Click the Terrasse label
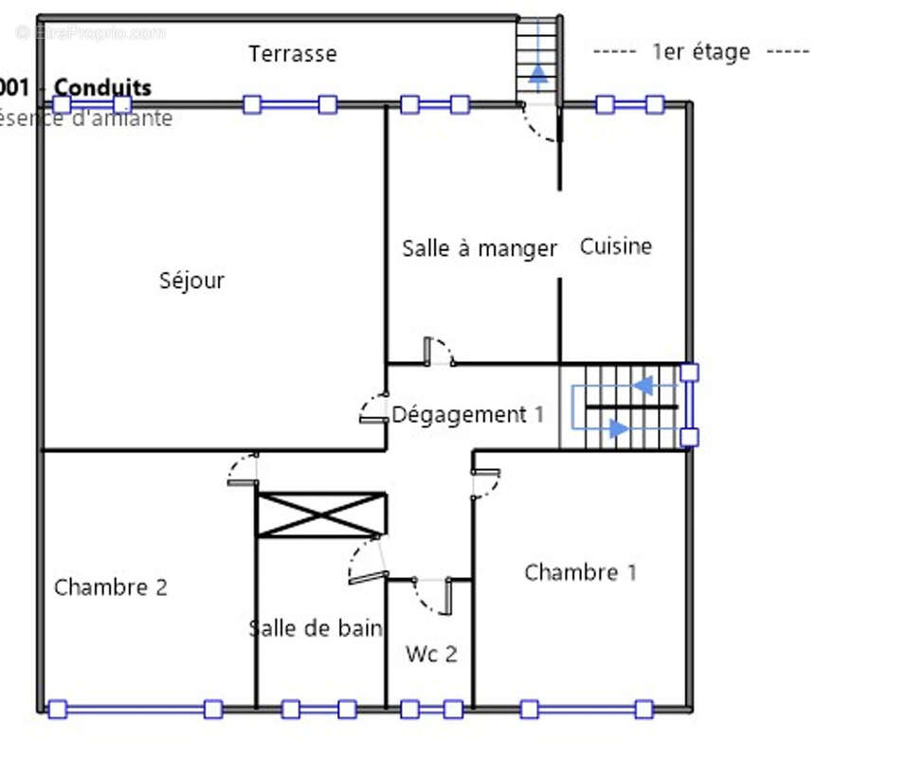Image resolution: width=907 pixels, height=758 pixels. (292, 54)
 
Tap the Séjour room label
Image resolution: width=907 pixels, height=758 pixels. (191, 280)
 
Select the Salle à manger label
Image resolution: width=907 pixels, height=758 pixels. (479, 248)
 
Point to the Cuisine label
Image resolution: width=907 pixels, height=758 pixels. (615, 246)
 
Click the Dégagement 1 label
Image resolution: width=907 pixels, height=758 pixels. (468, 414)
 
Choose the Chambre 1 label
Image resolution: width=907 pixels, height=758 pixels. (580, 572)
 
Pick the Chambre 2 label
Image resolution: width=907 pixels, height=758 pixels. (110, 587)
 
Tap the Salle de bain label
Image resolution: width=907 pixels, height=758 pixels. (316, 627)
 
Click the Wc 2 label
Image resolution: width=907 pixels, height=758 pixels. (431, 654)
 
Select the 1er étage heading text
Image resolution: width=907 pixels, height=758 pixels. (700, 52)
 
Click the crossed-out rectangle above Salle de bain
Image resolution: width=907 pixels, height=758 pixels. (321, 514)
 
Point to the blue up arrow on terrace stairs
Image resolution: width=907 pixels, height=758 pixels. (537, 73)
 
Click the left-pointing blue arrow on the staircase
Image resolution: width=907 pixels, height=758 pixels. (643, 386)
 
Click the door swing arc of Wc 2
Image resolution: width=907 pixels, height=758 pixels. (426, 597)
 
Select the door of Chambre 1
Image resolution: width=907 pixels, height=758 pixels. (486, 482)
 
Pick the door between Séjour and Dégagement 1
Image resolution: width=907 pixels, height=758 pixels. (373, 408)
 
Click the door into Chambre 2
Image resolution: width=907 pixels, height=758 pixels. (244, 470)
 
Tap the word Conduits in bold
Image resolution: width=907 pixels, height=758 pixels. (102, 88)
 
